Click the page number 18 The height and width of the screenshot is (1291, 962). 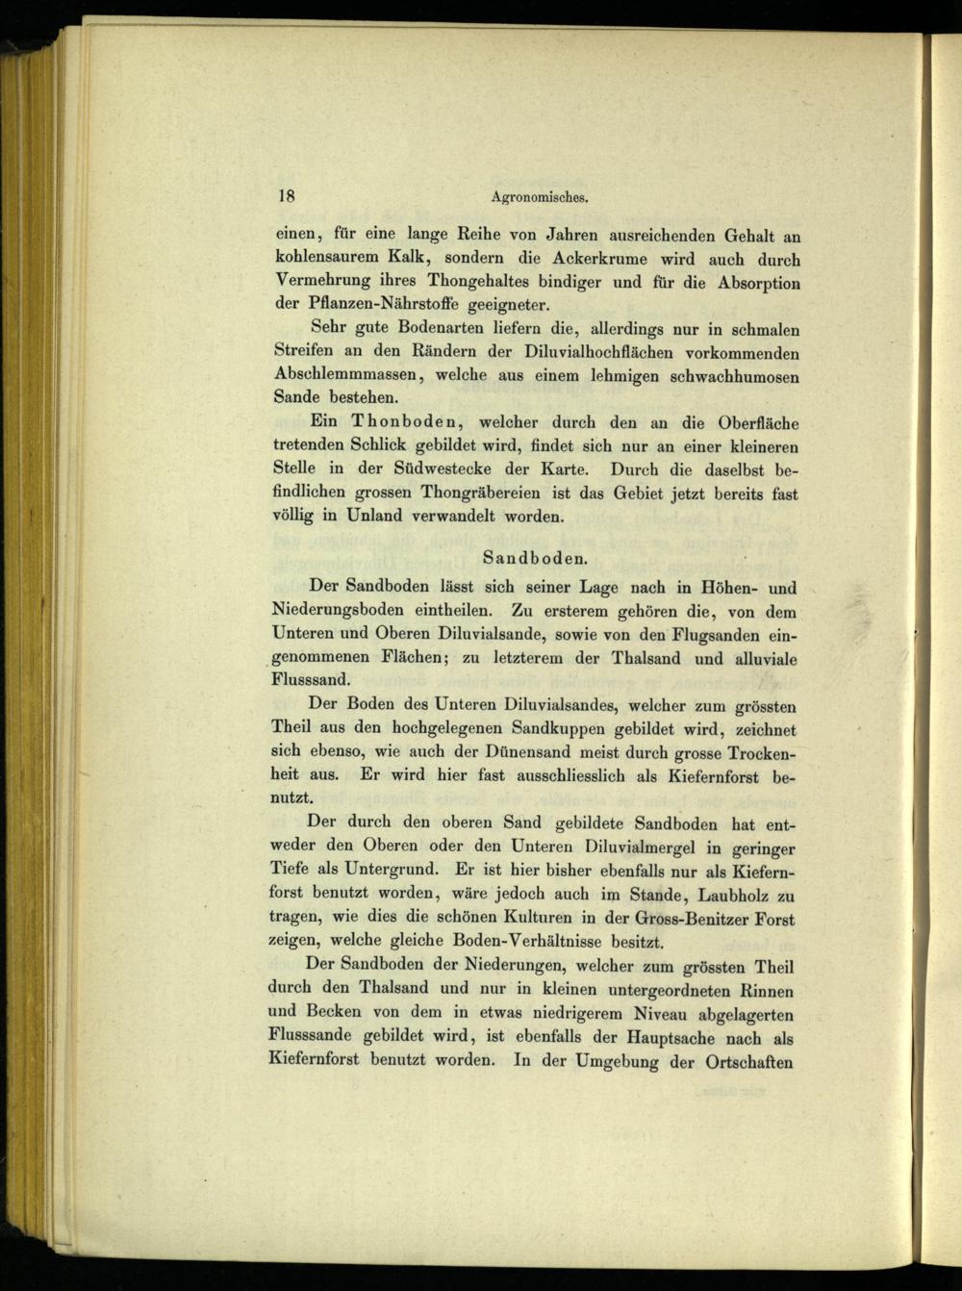tap(285, 195)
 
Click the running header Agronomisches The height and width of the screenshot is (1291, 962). tap(539, 197)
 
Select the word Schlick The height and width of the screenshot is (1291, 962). tap(376, 446)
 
